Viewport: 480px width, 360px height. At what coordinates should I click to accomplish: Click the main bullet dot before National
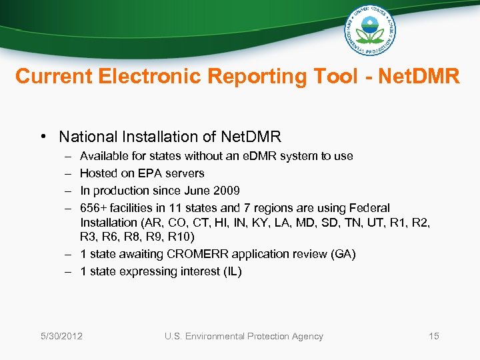(42, 137)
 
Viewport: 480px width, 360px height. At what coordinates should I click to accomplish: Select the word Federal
(371, 208)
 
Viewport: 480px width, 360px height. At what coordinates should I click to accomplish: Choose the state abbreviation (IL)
(230, 271)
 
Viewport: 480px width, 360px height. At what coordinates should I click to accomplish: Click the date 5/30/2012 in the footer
(61, 336)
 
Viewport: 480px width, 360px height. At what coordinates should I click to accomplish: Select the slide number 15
(433, 336)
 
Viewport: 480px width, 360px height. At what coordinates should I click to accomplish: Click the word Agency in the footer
(306, 336)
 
